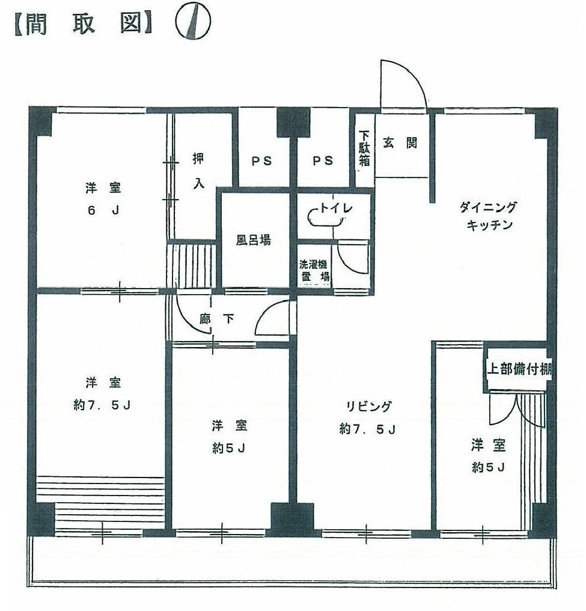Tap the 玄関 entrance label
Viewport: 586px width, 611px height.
tap(400, 144)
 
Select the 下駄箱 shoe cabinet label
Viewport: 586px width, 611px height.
tap(364, 149)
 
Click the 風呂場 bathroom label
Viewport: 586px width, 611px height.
tap(252, 241)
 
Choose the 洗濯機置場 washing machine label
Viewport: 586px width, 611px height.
tap(315, 271)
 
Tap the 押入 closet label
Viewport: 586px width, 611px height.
tap(198, 171)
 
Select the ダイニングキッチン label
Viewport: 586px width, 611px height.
tap(487, 216)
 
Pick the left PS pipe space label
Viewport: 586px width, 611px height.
tap(261, 161)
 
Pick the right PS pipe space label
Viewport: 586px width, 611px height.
tap(322, 161)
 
